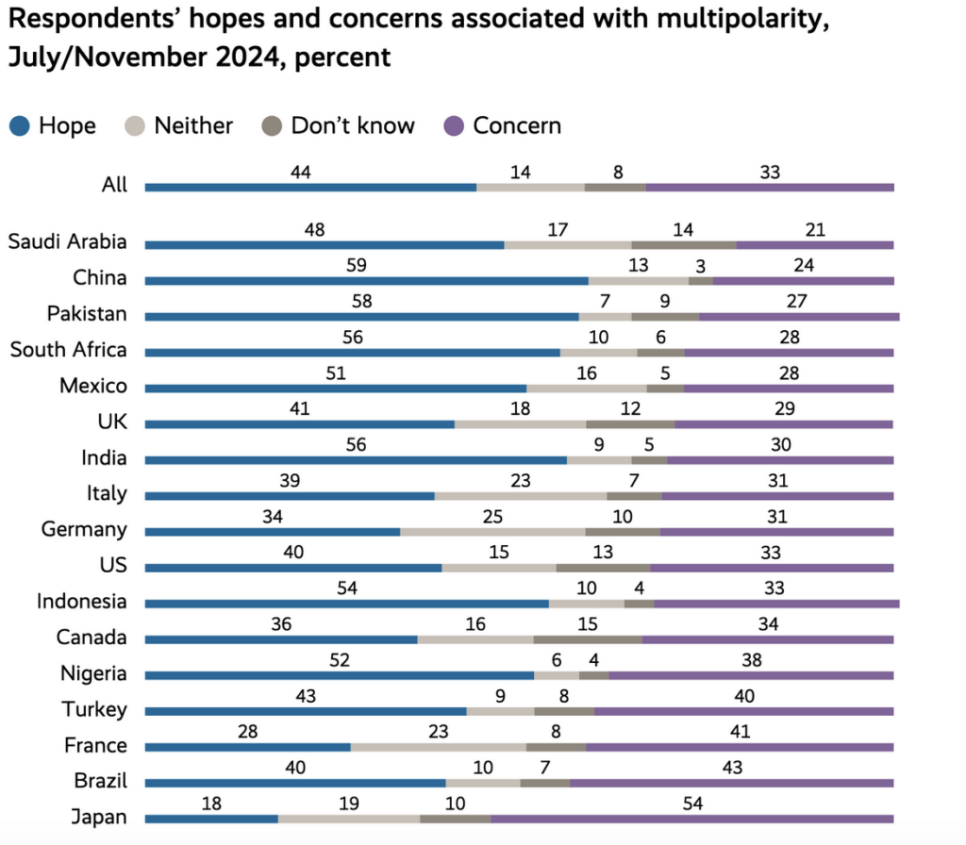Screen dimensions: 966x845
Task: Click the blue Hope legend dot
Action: coord(20,125)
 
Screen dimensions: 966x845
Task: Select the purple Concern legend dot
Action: coord(454,125)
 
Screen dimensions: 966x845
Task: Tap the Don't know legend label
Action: coord(353,125)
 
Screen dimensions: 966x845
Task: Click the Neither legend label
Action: coord(193,125)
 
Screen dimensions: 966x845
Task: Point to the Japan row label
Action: coord(99,817)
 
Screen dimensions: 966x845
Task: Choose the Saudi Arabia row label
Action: coord(67,241)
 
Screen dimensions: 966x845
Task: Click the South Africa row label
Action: coord(68,350)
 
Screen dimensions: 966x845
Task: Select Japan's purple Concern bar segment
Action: coord(692,820)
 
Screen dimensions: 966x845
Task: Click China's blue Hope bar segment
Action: coord(367,281)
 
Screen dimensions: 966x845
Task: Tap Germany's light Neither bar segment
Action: coord(492,532)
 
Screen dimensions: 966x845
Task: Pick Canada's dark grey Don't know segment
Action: coord(588,640)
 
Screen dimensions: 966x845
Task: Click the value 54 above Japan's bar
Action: coord(692,804)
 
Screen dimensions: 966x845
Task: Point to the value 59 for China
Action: coord(356,265)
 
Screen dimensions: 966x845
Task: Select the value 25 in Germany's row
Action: coord(492,517)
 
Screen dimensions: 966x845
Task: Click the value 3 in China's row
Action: coord(701,266)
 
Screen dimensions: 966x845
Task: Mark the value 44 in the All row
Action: coord(301,173)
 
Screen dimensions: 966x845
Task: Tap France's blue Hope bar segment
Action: coord(248,748)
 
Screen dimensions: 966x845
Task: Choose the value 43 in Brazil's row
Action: coord(732,768)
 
